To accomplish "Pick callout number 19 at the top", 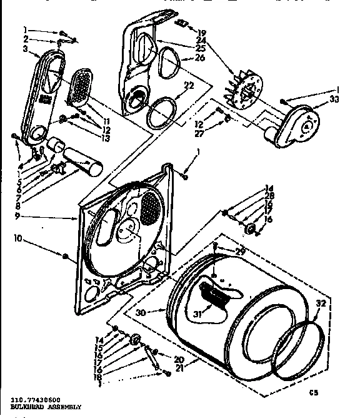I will pyautogui.click(x=201, y=32).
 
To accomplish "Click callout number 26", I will pyautogui.click(x=200, y=58).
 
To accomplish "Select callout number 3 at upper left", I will pyautogui.click(x=25, y=48).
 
